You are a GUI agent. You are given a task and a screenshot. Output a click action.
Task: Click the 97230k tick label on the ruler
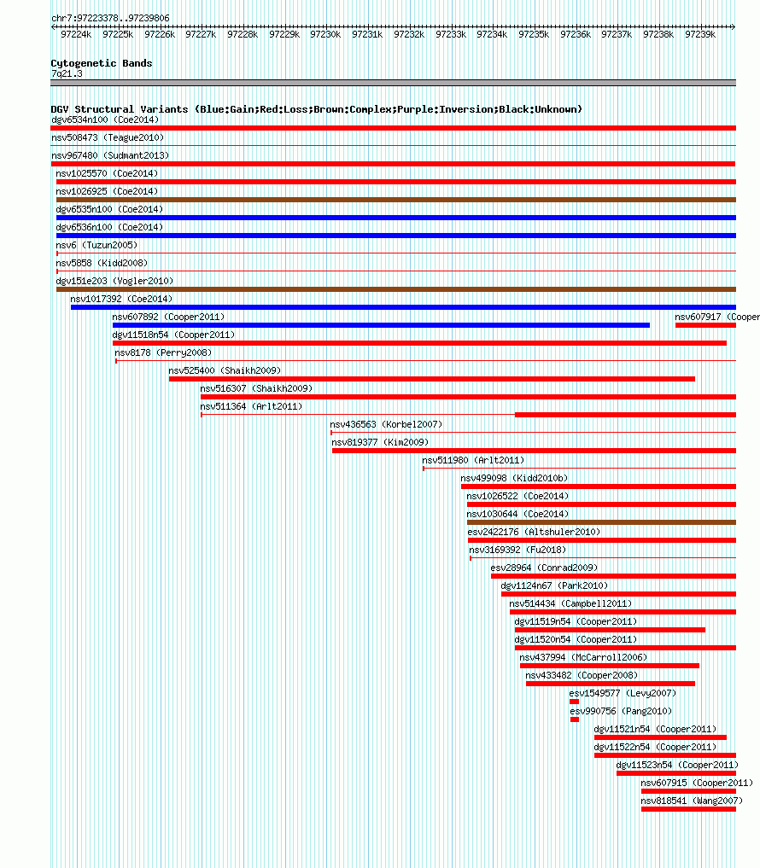(325, 34)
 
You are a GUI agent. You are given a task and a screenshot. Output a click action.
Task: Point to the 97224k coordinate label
(76, 34)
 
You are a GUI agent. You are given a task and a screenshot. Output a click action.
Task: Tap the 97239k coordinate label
(700, 34)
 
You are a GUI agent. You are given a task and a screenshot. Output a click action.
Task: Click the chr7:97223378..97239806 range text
(110, 18)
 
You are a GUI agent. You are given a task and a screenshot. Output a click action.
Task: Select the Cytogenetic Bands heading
(102, 63)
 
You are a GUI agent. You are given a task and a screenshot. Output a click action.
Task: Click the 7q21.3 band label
(67, 73)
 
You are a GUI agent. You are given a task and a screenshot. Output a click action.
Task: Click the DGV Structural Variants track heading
(316, 109)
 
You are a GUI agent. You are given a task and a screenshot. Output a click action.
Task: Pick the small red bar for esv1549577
(574, 702)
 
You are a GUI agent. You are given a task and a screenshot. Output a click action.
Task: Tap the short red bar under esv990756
(575, 719)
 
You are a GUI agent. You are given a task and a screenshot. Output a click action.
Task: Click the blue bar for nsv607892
(381, 325)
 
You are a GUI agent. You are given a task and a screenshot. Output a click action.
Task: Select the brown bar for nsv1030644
(601, 522)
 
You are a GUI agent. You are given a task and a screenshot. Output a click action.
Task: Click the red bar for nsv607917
(705, 325)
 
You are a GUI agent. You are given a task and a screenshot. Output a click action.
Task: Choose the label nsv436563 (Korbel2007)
(386, 424)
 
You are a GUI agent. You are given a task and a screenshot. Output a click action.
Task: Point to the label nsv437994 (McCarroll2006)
(583, 658)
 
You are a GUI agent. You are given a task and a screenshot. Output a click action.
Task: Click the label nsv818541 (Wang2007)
(692, 801)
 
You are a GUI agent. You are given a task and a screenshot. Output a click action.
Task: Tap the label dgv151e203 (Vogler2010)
(114, 281)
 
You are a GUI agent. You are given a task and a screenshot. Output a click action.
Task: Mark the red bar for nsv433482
(611, 684)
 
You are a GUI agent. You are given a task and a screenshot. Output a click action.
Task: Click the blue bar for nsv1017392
(403, 307)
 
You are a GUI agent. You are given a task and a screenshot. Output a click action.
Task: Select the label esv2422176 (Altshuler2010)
(534, 532)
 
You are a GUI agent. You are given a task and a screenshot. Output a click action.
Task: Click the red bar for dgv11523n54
(676, 773)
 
